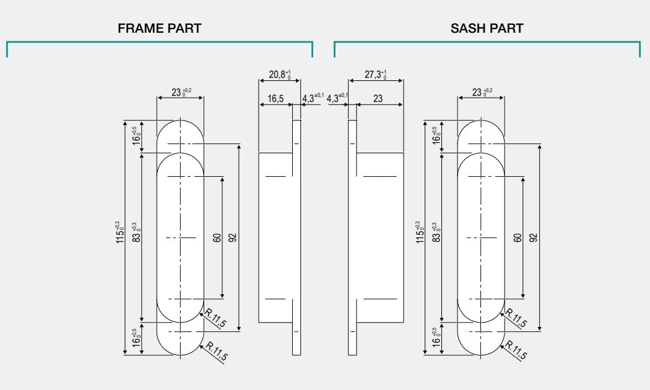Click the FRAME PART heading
pyautogui.click(x=159, y=28)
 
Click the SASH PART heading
pyautogui.click(x=487, y=28)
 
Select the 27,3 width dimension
pyautogui.click(x=375, y=75)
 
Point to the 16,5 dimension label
pyautogui.click(x=275, y=99)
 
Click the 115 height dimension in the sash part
pyautogui.click(x=419, y=234)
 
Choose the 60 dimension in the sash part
pyautogui.click(x=518, y=237)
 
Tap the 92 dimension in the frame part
pyautogui.click(x=233, y=237)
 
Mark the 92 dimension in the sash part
pyautogui.click(x=534, y=237)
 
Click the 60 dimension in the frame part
pyautogui.click(x=217, y=237)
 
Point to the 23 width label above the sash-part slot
pyautogui.click(x=480, y=93)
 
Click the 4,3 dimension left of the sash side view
pyautogui.click(x=337, y=98)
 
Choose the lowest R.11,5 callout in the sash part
pyautogui.click(x=517, y=351)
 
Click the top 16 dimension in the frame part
pyautogui.click(x=135, y=135)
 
